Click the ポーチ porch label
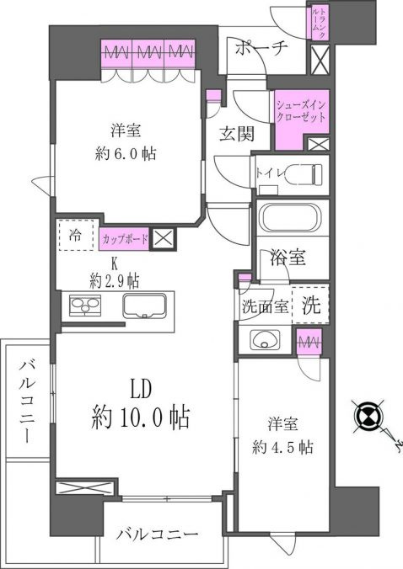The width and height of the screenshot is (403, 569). pyautogui.click(x=261, y=47)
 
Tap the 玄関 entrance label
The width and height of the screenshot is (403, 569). pyautogui.click(x=236, y=135)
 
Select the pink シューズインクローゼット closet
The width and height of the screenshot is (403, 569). pyautogui.click(x=301, y=119)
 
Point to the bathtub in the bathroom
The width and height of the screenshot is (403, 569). pyautogui.click(x=290, y=218)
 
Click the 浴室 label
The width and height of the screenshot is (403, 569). pyautogui.click(x=287, y=258)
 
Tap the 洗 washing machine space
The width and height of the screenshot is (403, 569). pyautogui.click(x=311, y=305)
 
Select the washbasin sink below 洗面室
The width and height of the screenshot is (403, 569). pyautogui.click(x=264, y=340)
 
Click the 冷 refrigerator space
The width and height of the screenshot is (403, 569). pyautogui.click(x=76, y=235)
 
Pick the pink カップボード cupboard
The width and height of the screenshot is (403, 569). pyautogui.click(x=124, y=239)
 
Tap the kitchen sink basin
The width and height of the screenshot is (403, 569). pyautogui.click(x=145, y=306)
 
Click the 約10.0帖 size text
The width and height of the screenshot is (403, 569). pyautogui.click(x=140, y=417)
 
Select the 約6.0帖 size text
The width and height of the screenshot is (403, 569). pyautogui.click(x=126, y=154)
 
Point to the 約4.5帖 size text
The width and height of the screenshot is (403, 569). pyautogui.click(x=282, y=447)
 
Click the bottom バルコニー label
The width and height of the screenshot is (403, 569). pyautogui.click(x=158, y=534)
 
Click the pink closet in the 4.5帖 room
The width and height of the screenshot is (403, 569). pyautogui.click(x=309, y=343)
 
